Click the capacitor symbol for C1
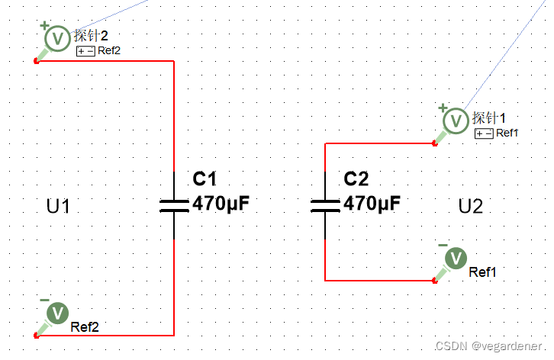point(174,204)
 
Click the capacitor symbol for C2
point(326,204)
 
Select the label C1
point(205,180)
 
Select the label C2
point(356,180)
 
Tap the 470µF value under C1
point(221,204)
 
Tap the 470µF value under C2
point(372,204)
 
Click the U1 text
point(59,207)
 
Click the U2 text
point(471,207)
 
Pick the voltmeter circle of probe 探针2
point(57,37)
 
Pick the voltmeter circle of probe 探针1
point(456,120)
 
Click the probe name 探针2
point(92,36)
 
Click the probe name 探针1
point(489,118)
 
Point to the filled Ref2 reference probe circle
point(57,313)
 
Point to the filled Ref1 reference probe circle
point(456,259)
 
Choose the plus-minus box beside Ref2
point(85,51)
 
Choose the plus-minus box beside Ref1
point(484,133)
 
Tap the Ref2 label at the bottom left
point(85,327)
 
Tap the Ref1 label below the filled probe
point(483,272)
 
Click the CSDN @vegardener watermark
point(489,346)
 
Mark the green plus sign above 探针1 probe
point(442,108)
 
